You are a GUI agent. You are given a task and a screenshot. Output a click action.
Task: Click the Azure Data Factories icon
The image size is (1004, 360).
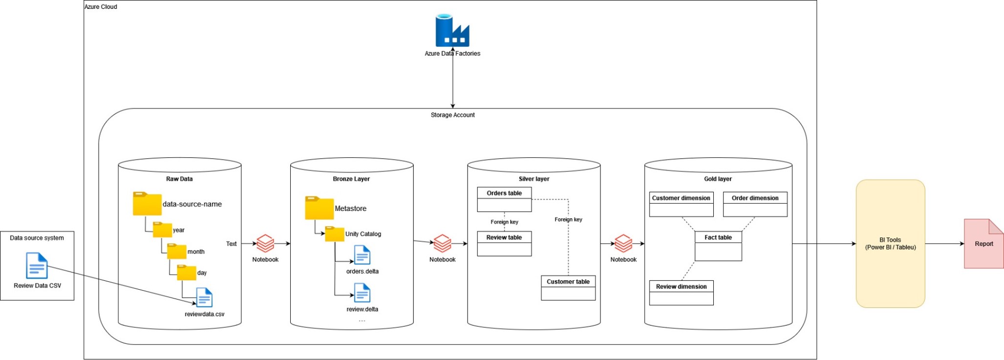[452, 31]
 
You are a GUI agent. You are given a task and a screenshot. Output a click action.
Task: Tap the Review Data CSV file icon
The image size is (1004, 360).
[37, 266]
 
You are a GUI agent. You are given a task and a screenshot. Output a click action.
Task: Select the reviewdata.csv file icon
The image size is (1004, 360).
[204, 297]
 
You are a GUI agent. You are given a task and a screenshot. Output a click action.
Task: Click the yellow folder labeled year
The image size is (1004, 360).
[162, 230]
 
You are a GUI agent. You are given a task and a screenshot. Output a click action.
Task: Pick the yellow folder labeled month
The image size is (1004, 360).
[176, 252]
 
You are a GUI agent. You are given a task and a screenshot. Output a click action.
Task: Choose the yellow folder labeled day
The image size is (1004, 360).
[187, 273]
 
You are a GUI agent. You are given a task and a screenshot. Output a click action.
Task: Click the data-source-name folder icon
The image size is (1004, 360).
[147, 204]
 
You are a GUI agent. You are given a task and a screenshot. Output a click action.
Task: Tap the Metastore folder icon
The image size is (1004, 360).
[319, 208]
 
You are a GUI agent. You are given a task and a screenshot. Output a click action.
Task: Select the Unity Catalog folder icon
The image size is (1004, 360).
[335, 234]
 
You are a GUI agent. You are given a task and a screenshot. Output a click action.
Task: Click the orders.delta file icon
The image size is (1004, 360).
[362, 255]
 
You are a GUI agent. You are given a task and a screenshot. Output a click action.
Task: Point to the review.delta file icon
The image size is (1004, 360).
[362, 293]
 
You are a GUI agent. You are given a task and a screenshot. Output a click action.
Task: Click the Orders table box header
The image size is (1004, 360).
[504, 193]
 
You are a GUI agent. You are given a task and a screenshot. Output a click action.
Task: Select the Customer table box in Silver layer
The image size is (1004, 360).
[568, 288]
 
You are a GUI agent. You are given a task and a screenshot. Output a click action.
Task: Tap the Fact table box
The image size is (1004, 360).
[718, 246]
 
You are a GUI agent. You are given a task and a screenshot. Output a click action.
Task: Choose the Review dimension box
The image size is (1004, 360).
[681, 293]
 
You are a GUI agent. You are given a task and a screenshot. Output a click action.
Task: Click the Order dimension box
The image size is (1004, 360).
[755, 204]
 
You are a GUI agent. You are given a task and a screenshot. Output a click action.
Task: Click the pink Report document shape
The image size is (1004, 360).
[983, 244]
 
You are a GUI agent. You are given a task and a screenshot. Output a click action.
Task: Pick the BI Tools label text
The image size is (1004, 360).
[890, 244]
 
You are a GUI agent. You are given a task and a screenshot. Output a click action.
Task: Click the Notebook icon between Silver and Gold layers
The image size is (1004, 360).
[623, 243]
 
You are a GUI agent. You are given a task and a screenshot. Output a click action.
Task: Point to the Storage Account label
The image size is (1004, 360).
[452, 115]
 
